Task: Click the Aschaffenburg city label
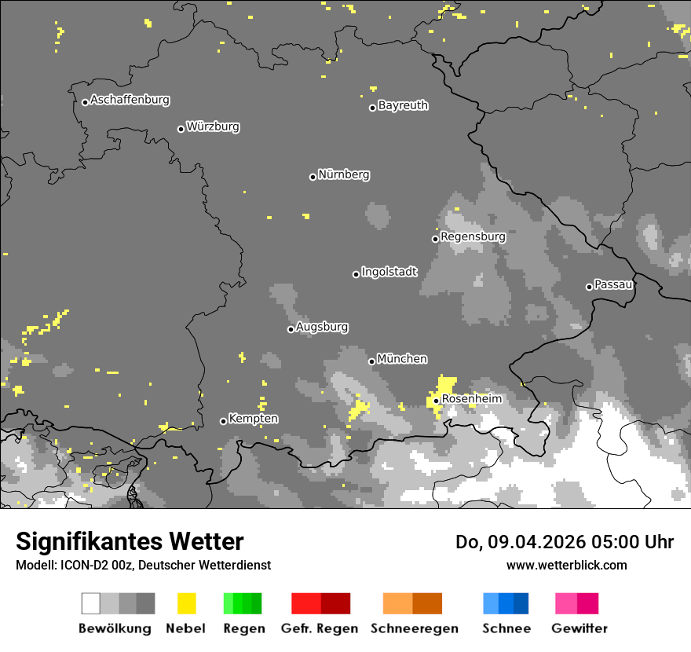[x=130, y=101]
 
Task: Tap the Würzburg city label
[x=213, y=126]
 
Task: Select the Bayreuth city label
[x=403, y=105]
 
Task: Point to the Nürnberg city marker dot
[x=313, y=177]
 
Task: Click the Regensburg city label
[x=473, y=236]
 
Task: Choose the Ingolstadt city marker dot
[x=356, y=274]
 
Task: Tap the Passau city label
[x=613, y=284]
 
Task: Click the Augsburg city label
[x=322, y=327]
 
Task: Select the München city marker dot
[x=371, y=361]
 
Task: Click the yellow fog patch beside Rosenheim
[x=445, y=386]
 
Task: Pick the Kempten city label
[x=253, y=419]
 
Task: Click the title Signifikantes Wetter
[x=130, y=541]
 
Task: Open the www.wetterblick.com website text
[x=566, y=565]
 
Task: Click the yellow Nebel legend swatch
[x=186, y=603]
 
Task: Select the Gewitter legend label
[x=579, y=628]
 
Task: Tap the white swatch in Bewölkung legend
[x=91, y=603]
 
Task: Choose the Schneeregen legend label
[x=414, y=628]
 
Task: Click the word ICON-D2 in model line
[x=81, y=565]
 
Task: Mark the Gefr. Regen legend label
[x=319, y=628]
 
